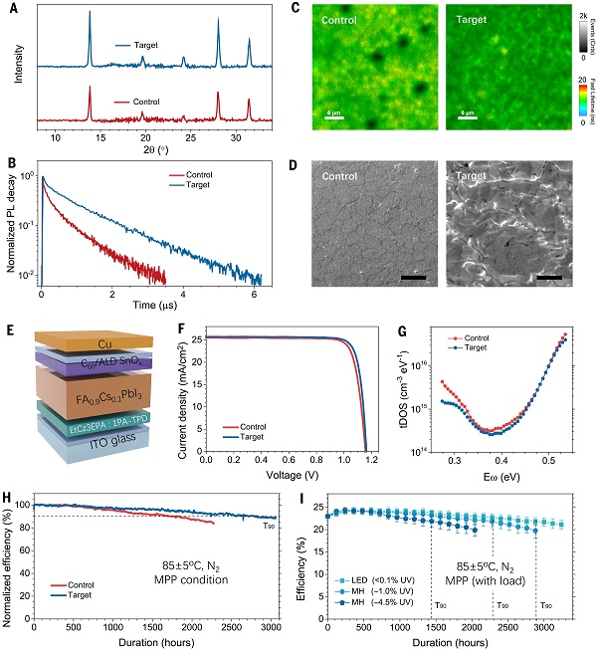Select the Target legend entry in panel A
pyautogui.click(x=146, y=45)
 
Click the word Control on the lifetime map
pyautogui.click(x=343, y=19)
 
